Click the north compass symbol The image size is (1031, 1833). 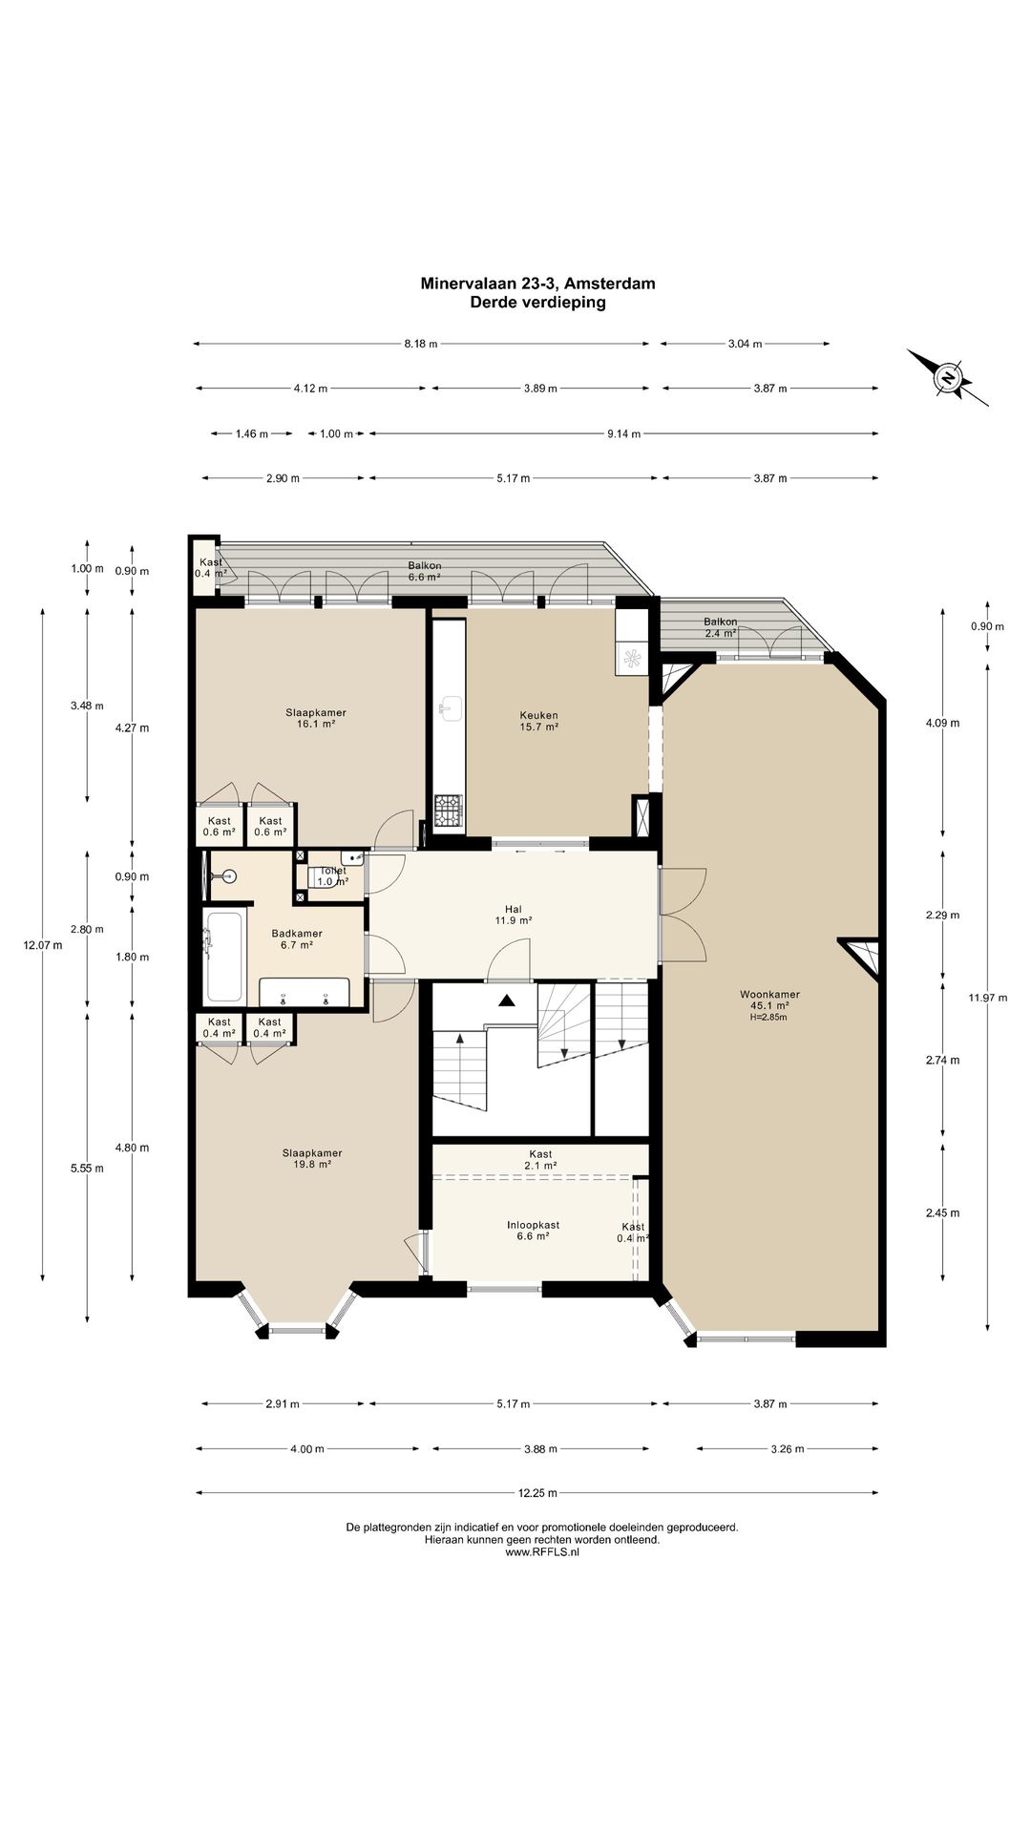[x=948, y=377]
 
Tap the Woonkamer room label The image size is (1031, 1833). [x=769, y=994]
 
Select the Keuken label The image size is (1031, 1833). [x=538, y=715]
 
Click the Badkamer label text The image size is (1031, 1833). [x=297, y=934]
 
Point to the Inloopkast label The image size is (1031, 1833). [x=533, y=1225]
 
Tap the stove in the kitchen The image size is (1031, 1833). [x=449, y=812]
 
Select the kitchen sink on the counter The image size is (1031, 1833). [x=449, y=707]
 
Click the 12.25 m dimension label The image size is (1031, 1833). [x=537, y=1493]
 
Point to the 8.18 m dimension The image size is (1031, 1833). [x=420, y=344]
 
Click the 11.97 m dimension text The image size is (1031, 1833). [x=987, y=998]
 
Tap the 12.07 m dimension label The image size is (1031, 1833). [x=43, y=946]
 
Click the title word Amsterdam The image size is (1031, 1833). [x=611, y=284]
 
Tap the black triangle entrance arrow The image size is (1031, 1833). [x=506, y=1001]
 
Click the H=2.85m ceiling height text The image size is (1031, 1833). [x=769, y=1017]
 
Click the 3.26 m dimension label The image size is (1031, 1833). [x=787, y=1448]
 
